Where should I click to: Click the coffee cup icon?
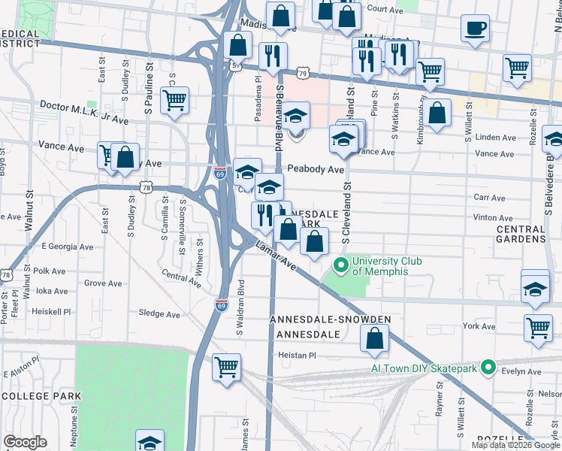click(x=474, y=29)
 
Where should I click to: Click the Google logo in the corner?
click(x=25, y=442)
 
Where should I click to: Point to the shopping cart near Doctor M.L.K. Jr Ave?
click(x=174, y=99)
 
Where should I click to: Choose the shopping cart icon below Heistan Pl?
click(x=226, y=368)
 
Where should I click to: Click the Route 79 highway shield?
click(x=302, y=72)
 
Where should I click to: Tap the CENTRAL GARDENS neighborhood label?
click(x=521, y=234)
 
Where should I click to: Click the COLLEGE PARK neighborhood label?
click(x=41, y=395)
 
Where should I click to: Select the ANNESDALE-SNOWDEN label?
click(x=331, y=319)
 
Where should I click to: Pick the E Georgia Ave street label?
click(x=67, y=246)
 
